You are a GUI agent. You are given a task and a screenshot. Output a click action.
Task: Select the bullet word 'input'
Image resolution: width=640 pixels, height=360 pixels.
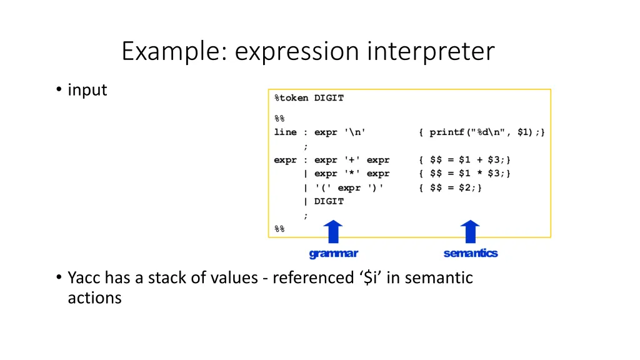[x=87, y=90]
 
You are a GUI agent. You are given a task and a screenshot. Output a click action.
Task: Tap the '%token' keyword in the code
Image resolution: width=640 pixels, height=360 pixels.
[x=291, y=98]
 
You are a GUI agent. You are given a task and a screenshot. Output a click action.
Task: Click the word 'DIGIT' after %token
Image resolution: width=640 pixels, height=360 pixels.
[x=329, y=98]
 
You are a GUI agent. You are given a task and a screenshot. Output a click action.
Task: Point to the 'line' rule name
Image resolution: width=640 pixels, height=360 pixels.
[x=285, y=132]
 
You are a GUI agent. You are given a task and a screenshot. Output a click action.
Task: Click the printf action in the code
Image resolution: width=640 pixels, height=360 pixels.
[x=482, y=132]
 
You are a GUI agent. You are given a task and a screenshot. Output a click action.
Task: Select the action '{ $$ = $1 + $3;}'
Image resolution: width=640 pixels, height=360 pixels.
[x=464, y=160]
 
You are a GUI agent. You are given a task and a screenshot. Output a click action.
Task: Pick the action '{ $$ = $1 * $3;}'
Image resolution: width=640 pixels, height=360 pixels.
[x=464, y=174]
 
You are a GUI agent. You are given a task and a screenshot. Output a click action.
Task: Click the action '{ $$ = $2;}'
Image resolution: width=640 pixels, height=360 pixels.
[x=451, y=187]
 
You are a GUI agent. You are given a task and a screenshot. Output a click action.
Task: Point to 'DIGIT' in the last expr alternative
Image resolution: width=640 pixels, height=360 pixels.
[x=329, y=201]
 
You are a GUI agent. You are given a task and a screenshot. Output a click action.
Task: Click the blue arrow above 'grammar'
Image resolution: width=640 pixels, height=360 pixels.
[x=334, y=231]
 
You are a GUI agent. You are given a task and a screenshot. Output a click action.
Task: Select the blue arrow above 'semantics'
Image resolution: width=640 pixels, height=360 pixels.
[x=470, y=231]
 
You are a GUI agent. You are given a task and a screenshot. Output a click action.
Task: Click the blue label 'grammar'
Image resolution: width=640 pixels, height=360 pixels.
[x=334, y=253]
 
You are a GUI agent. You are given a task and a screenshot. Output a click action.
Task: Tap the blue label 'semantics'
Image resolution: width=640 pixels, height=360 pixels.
[x=471, y=253]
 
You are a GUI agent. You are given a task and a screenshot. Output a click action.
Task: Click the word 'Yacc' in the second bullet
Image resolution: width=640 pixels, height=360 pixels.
[x=84, y=277]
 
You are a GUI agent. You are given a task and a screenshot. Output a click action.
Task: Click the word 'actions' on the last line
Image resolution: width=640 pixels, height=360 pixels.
[x=94, y=297]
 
